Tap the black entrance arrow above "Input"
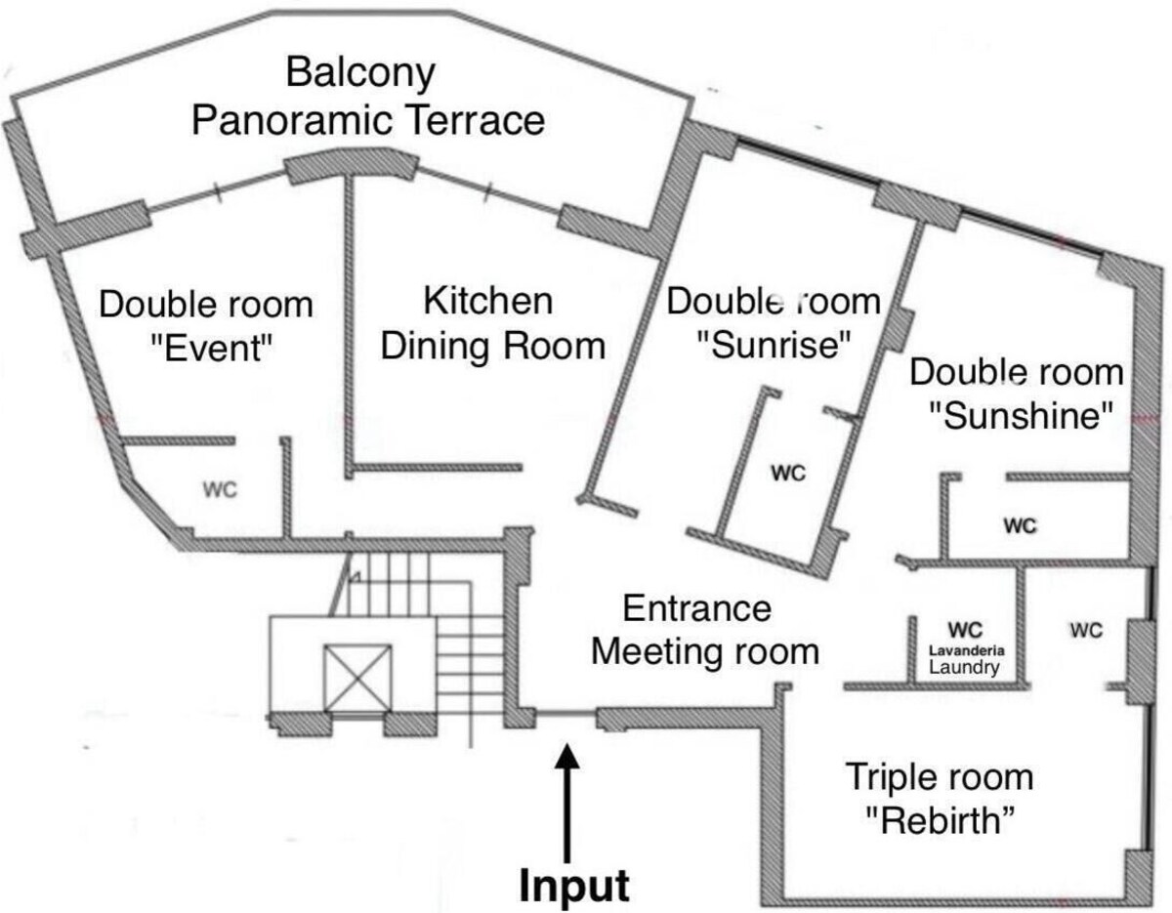click(x=568, y=801)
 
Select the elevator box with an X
click(x=356, y=677)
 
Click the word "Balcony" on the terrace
click(x=360, y=72)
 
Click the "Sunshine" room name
click(x=1021, y=416)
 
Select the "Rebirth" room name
click(x=938, y=819)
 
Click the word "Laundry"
click(x=964, y=668)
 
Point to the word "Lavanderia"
click(x=964, y=649)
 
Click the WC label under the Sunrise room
click(x=787, y=474)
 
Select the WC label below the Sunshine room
click(x=1020, y=526)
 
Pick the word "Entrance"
click(x=697, y=608)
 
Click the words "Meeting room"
click(x=704, y=650)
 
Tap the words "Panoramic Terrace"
click(x=367, y=121)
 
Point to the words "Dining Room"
click(x=492, y=346)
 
